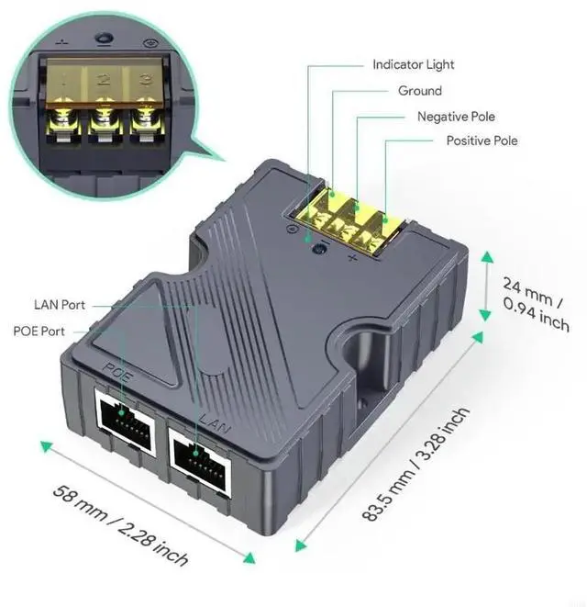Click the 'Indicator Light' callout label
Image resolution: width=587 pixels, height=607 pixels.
[413, 64]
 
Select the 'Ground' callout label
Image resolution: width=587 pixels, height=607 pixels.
[419, 91]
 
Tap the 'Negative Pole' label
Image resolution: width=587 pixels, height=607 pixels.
[456, 117]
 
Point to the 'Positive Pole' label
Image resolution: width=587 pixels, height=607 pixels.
[482, 141]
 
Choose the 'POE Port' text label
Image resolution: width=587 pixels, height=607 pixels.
[39, 331]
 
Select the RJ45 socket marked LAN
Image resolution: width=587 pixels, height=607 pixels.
[199, 453]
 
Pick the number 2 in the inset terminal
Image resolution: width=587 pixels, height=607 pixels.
[104, 81]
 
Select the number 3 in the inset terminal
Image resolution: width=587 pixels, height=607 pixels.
[144, 81]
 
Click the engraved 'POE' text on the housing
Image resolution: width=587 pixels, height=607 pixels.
[113, 371]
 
